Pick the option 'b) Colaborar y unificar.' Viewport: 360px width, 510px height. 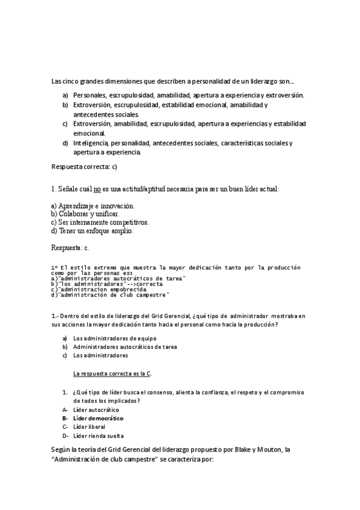click(x=85, y=214)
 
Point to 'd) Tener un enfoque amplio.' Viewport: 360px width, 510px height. click(x=93, y=230)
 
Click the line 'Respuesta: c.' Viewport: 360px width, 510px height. click(x=71, y=247)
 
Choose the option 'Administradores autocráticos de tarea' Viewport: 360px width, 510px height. click(x=124, y=346)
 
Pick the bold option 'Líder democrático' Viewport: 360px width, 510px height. click(x=98, y=418)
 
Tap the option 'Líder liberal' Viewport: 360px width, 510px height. click(x=90, y=427)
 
